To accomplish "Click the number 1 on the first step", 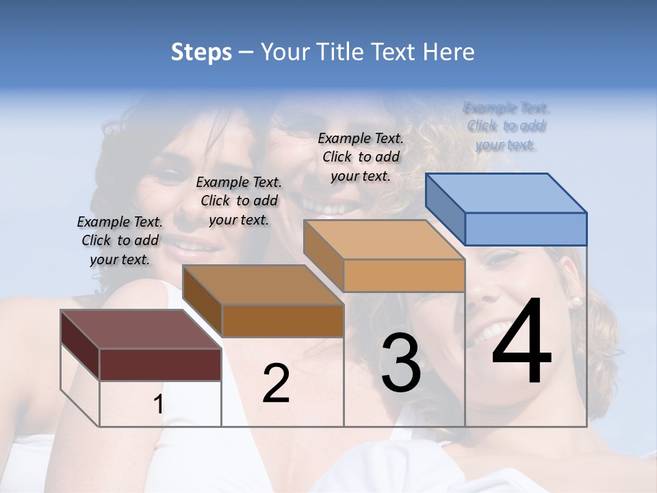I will coord(158,404).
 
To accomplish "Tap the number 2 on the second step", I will coord(276,383).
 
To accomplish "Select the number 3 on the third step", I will coord(401,362).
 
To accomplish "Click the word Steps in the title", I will coord(201,52).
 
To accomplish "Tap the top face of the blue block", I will coord(506,193).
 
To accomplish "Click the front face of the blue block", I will coord(526,229).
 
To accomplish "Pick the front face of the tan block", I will coord(404,275).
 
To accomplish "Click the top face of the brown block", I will coord(263,285).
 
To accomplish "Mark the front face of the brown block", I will coord(282,320).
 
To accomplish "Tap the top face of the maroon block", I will coord(141,329).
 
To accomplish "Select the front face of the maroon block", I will coord(160,364).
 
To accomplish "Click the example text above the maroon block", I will coord(120,241).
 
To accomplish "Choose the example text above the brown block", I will coord(239,201).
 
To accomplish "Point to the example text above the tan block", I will coord(361,157).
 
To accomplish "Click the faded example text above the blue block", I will coord(506,127).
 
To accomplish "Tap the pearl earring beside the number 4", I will coord(576,301).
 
